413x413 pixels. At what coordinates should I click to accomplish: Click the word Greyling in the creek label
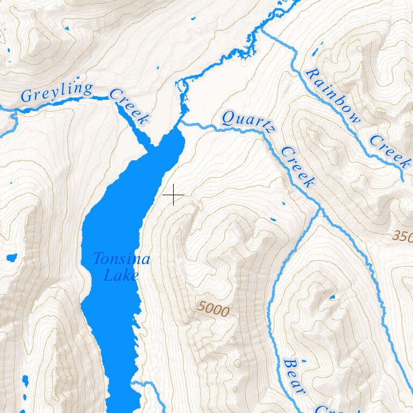pyautogui.click(x=56, y=92)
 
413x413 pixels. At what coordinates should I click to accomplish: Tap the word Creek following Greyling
pyautogui.click(x=128, y=106)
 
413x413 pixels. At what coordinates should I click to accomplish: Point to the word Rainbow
pyautogui.click(x=332, y=96)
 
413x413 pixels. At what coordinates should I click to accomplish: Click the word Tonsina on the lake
pyautogui.click(x=121, y=259)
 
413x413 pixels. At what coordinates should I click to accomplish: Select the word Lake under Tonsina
pyautogui.click(x=120, y=276)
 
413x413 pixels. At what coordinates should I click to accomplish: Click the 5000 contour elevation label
pyautogui.click(x=213, y=309)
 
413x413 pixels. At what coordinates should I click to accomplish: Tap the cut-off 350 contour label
pyautogui.click(x=402, y=236)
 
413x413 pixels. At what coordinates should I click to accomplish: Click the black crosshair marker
pyautogui.click(x=173, y=194)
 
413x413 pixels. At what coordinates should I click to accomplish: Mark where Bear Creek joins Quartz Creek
pyautogui.click(x=321, y=208)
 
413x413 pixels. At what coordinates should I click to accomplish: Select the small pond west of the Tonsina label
pyautogui.click(x=11, y=257)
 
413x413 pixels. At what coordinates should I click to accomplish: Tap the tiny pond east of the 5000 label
pyautogui.click(x=332, y=297)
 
